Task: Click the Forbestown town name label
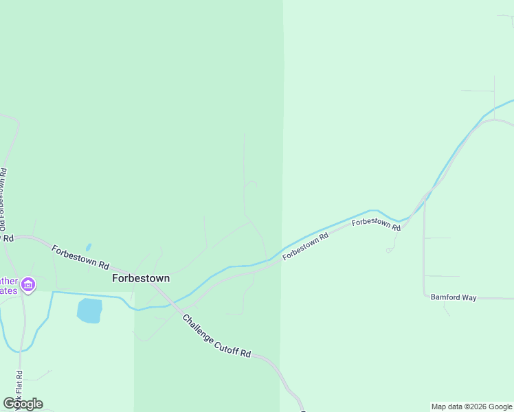click(x=141, y=279)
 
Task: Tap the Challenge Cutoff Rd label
click(x=217, y=336)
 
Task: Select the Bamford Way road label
click(x=454, y=297)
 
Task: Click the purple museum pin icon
click(x=28, y=284)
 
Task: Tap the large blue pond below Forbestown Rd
click(x=89, y=310)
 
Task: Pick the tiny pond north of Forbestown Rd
click(x=88, y=247)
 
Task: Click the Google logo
click(x=23, y=404)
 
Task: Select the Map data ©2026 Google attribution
click(x=472, y=407)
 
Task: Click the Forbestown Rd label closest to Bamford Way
click(x=376, y=224)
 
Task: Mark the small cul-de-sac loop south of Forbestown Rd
click(x=389, y=251)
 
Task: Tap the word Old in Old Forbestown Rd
click(x=3, y=224)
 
